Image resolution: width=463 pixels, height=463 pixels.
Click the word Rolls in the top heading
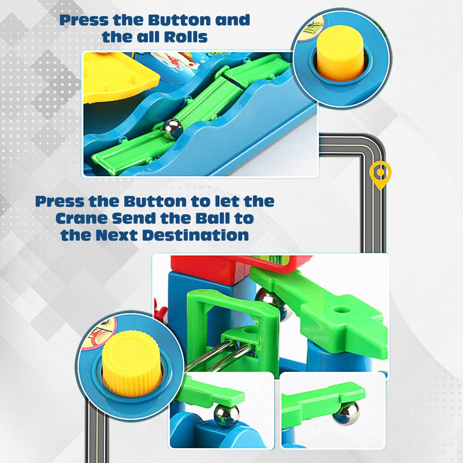point(186,37)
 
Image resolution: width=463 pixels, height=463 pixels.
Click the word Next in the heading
point(118,235)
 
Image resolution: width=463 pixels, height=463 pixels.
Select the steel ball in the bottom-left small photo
point(227,415)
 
